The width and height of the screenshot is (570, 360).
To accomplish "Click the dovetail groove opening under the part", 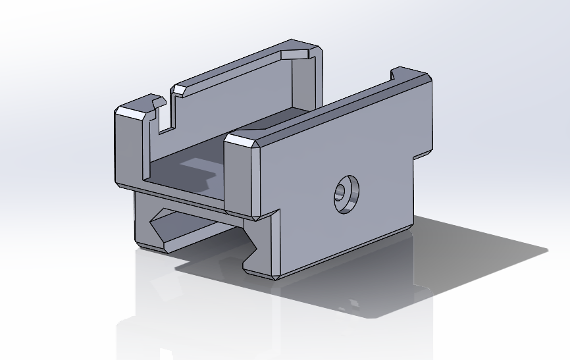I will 197,230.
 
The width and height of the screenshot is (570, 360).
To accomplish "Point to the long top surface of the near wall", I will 329,105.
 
